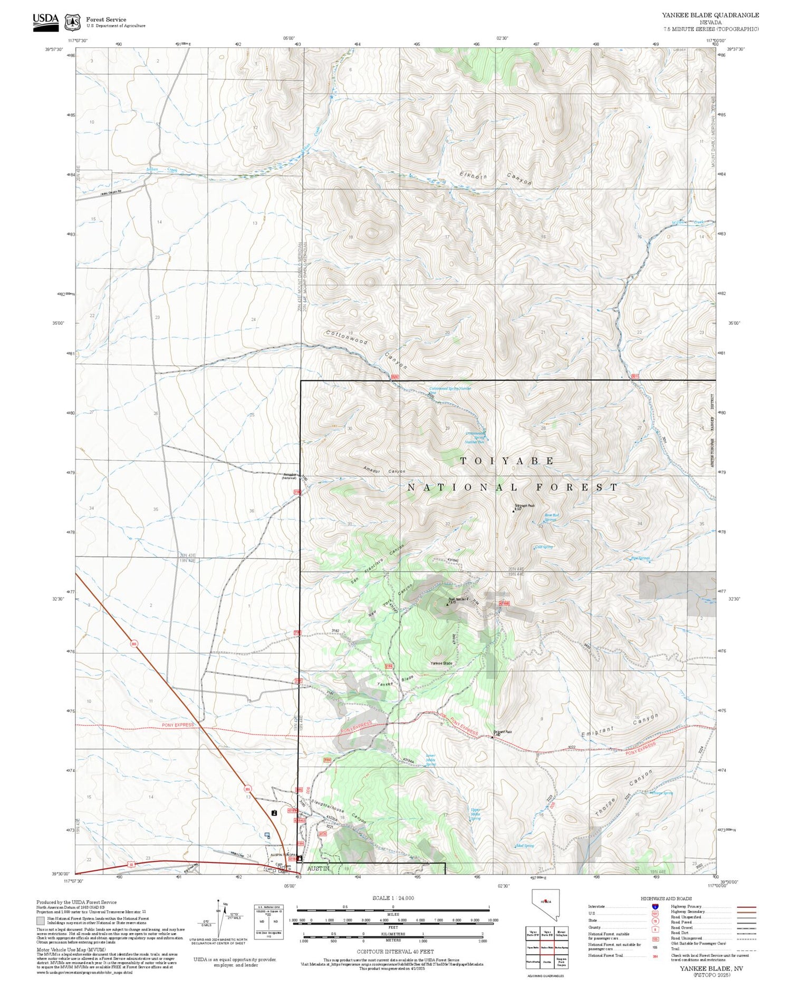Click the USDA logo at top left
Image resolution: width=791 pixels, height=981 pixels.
(45, 21)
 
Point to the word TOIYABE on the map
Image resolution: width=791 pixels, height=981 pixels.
(507, 460)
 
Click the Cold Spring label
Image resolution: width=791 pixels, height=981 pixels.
(544, 547)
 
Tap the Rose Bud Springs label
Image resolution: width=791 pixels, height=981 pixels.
(551, 517)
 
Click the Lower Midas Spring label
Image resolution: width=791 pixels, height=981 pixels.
(430, 760)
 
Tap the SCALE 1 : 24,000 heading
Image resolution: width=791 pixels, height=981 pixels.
(393, 898)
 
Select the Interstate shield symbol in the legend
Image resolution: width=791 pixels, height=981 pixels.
(655, 907)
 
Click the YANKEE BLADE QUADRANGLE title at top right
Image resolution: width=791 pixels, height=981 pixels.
(710, 15)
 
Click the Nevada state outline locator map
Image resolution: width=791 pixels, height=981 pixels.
(544, 905)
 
